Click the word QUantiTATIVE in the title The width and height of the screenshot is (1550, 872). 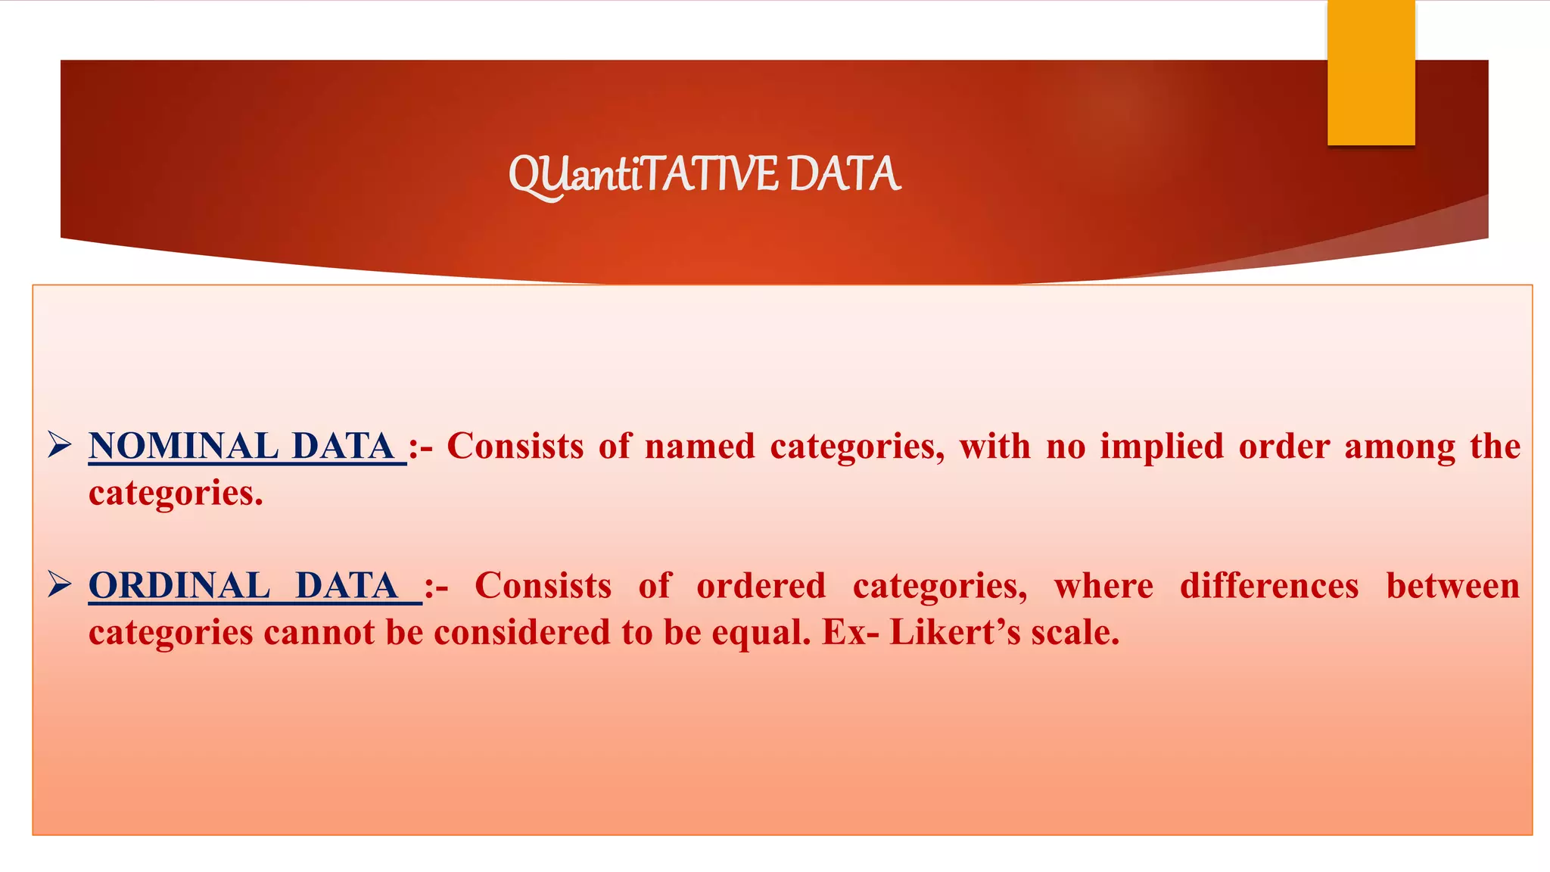click(x=643, y=175)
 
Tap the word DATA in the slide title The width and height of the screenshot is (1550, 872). click(x=844, y=174)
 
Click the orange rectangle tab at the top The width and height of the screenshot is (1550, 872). click(x=1371, y=73)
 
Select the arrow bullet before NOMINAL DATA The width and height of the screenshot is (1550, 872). click(x=59, y=444)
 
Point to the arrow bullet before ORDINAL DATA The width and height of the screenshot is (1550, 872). click(x=59, y=584)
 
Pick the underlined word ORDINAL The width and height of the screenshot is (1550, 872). click(x=179, y=586)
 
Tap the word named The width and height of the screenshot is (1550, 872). click(x=699, y=446)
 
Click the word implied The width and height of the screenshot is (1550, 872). click(x=1162, y=446)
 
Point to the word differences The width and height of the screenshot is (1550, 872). click(x=1269, y=586)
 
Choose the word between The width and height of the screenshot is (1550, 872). click(x=1452, y=586)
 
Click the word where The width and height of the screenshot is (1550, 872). click(x=1103, y=586)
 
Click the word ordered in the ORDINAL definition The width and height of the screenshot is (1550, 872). click(x=761, y=586)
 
